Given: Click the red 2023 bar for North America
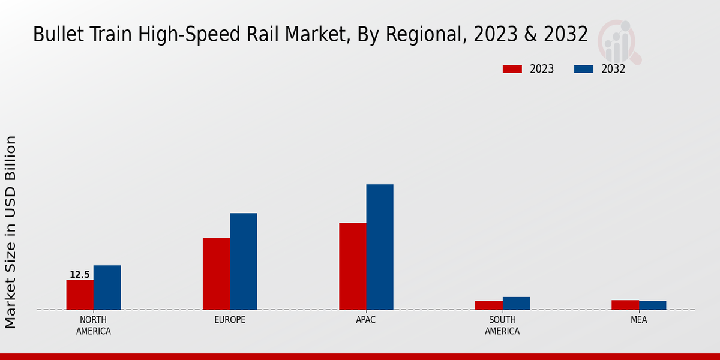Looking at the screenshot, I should coord(80,295).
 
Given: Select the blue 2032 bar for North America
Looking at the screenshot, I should coord(107,287).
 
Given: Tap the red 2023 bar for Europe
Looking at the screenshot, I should coord(216,274).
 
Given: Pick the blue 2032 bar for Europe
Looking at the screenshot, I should coord(243,262).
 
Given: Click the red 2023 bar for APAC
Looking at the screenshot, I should coord(352,266).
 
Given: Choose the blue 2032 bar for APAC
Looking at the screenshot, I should coord(380,247).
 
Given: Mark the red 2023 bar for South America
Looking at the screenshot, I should coord(488,305).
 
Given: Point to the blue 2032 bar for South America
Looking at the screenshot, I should coord(516,303).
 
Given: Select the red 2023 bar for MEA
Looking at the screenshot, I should coord(625,305).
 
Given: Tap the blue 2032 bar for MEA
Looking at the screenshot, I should coord(652,305).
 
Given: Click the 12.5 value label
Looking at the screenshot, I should coord(80,275).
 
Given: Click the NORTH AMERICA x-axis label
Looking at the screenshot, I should coord(94,325).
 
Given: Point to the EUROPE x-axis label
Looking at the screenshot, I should coord(230,320).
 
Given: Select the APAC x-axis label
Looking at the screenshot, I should coord(366,320).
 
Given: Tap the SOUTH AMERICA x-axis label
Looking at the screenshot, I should coord(502,325).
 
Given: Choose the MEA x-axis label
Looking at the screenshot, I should coord(638,320).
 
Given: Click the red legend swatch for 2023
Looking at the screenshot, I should coord(512,69).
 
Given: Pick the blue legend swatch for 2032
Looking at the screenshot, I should coord(583,69).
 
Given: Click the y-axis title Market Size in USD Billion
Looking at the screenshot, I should coord(11,232).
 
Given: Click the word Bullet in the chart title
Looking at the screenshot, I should coord(55,35).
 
